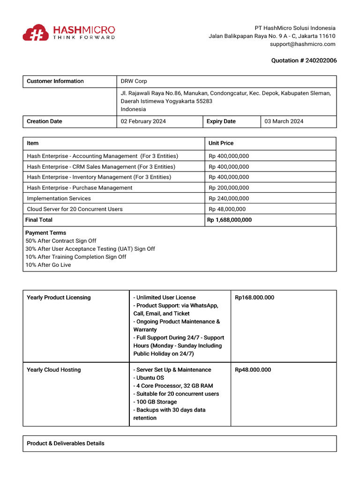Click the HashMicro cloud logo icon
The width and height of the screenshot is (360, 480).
pos(36,32)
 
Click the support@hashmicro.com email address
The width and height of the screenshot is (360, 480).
pos(302,44)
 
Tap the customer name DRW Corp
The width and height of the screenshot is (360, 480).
pos(134,81)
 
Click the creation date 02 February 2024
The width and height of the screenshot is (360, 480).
pos(143,121)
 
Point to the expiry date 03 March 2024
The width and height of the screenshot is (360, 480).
pos(284,121)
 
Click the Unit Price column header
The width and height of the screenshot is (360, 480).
pos(221,143)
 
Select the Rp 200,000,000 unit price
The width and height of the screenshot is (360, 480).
pos(229,187)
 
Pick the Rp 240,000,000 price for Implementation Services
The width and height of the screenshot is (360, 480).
pos(229,198)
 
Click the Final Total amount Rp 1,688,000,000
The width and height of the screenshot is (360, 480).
pos(229,220)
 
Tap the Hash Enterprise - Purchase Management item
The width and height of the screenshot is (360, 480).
pos(80,187)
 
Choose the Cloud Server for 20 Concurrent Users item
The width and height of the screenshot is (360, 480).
pos(75,209)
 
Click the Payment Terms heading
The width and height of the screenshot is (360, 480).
pos(45,233)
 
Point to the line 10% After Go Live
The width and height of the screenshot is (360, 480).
pos(48,265)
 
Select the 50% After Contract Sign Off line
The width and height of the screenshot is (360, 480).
pos(60,241)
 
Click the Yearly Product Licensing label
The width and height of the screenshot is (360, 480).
pos(59,298)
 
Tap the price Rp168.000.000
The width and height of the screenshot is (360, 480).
pos(255,298)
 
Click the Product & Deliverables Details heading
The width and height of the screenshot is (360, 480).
pos(66,443)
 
